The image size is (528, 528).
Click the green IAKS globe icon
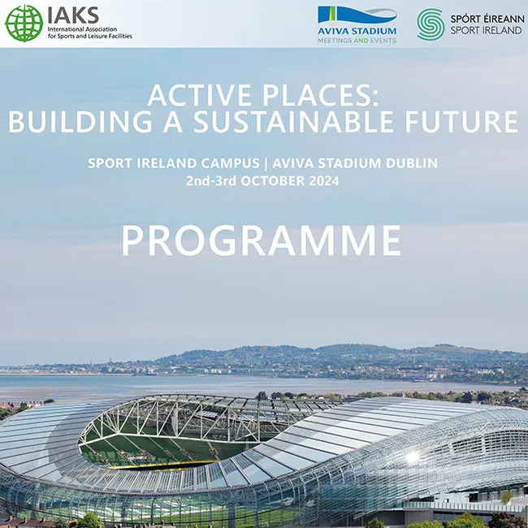click(x=24, y=23)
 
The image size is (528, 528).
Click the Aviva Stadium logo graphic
click(x=357, y=17)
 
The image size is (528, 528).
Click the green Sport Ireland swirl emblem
click(x=431, y=24)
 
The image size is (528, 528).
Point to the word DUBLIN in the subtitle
click(x=409, y=163)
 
